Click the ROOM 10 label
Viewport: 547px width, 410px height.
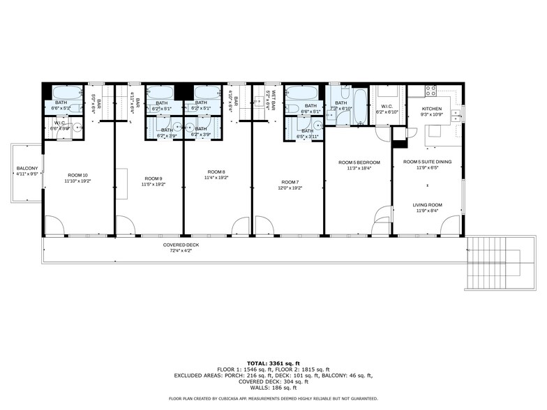pos(78,175)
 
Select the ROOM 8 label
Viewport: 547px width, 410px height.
pos(216,172)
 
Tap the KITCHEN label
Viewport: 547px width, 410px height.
pos(432,109)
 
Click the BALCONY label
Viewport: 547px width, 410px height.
pos(27,168)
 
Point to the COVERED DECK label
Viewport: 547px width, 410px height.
pos(181,245)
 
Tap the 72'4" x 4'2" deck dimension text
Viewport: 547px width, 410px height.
pos(181,250)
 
